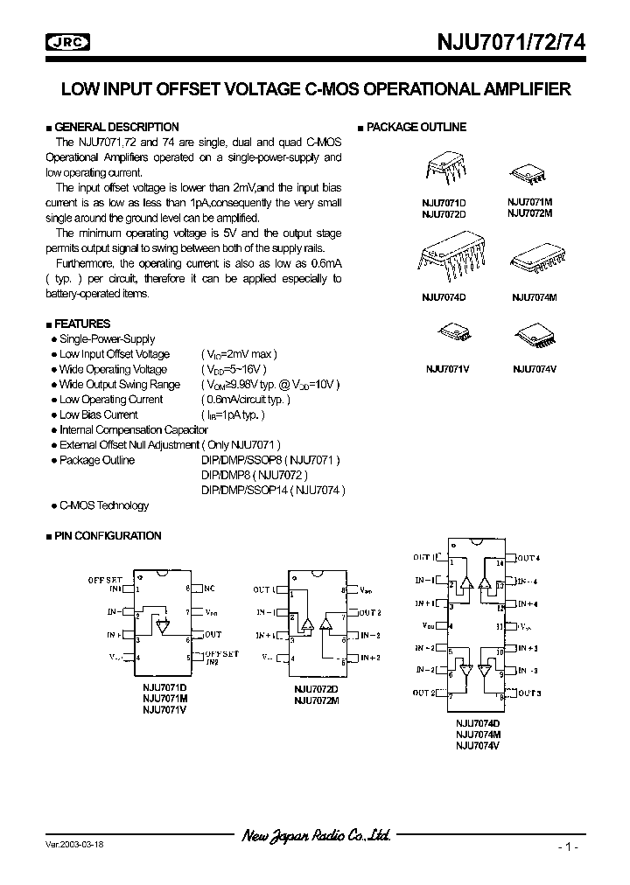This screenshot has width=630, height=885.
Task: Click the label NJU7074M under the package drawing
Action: point(534,298)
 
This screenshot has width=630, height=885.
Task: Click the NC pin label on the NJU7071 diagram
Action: point(209,589)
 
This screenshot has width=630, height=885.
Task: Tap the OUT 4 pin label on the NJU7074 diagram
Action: point(528,557)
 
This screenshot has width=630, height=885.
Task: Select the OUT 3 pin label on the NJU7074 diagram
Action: point(528,693)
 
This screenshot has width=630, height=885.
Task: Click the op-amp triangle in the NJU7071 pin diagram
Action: point(163,625)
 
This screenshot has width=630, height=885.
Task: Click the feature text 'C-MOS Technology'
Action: point(103,505)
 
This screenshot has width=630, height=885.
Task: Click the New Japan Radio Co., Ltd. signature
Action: point(316,836)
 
